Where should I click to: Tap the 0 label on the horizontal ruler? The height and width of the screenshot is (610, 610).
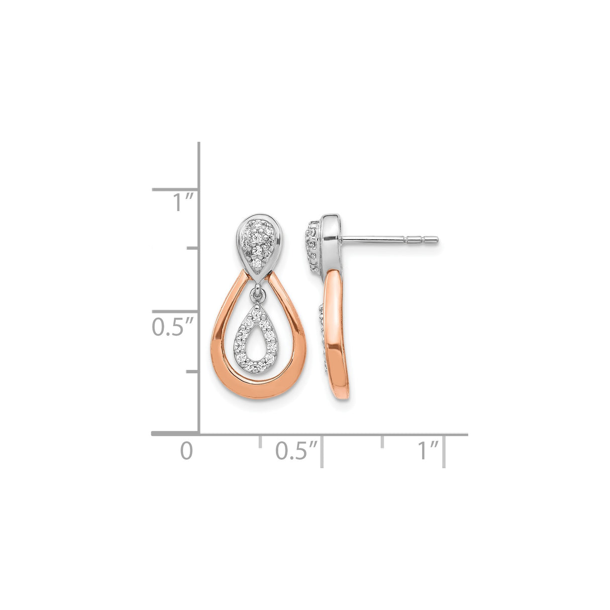pyautogui.click(x=186, y=451)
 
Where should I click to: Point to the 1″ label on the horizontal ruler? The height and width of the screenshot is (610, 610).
pyautogui.click(x=428, y=451)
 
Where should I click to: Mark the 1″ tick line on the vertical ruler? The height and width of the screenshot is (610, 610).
pyautogui.click(x=176, y=190)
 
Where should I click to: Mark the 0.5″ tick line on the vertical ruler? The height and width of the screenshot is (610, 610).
pyautogui.click(x=176, y=312)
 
